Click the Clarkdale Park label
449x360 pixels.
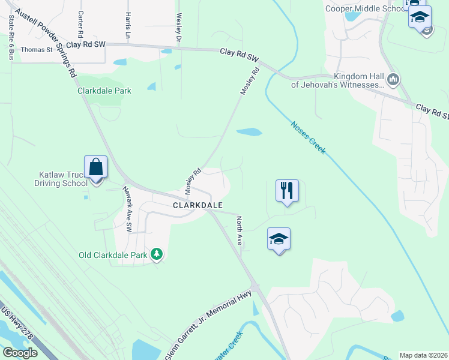point(104,91)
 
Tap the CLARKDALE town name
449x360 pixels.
point(198,205)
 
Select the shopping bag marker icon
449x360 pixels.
point(96,167)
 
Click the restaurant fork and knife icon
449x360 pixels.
point(287,191)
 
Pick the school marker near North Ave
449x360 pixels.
point(279,239)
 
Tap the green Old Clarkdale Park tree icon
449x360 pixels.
point(157,255)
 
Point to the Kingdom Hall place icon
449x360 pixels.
point(394,79)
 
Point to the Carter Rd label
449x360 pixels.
point(80,25)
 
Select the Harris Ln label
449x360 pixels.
point(128,25)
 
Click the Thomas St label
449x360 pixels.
point(37,50)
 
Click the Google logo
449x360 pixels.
point(20,353)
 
